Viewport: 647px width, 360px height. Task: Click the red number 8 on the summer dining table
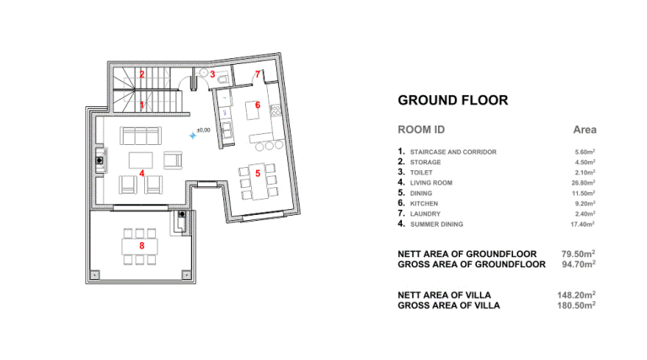pos(142,245)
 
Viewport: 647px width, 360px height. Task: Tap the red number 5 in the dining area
pos(258,174)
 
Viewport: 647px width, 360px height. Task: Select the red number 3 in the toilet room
pos(212,74)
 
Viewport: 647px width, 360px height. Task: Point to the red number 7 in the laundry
pos(258,74)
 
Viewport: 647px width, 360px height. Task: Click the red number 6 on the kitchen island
pos(258,105)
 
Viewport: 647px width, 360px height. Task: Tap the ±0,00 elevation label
pos(203,130)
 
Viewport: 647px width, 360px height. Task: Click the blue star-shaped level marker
pos(193,135)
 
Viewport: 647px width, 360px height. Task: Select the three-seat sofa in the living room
pos(141,136)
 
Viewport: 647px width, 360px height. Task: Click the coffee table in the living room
pos(141,160)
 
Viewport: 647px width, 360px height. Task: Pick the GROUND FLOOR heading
pos(452,100)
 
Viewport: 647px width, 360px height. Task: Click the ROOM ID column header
pos(421,130)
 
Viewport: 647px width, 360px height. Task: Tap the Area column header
pos(585,130)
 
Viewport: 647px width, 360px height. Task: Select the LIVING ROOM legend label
pos(431,183)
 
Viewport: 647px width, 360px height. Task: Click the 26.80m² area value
pos(583,182)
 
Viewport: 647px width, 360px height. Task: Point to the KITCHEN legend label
pos(425,203)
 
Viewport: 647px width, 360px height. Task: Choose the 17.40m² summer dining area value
pos(583,224)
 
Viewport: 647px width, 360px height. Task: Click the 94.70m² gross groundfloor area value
pos(579,264)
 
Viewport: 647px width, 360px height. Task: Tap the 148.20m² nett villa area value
pos(576,295)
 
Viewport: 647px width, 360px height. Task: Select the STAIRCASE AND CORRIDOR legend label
pos(453,152)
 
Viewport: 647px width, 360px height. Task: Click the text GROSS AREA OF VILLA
pos(449,305)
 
